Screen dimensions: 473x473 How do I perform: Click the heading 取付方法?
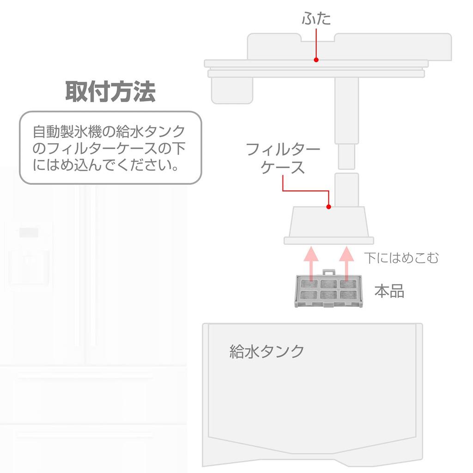(110, 91)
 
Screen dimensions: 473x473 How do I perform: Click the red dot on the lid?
(316, 60)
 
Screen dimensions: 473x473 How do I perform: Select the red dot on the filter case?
(328, 206)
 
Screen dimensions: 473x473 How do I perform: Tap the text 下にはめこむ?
(400, 258)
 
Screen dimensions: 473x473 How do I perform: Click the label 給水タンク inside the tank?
(267, 351)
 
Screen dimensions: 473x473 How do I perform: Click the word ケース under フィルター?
(283, 167)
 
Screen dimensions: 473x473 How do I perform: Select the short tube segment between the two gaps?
(347, 158)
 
